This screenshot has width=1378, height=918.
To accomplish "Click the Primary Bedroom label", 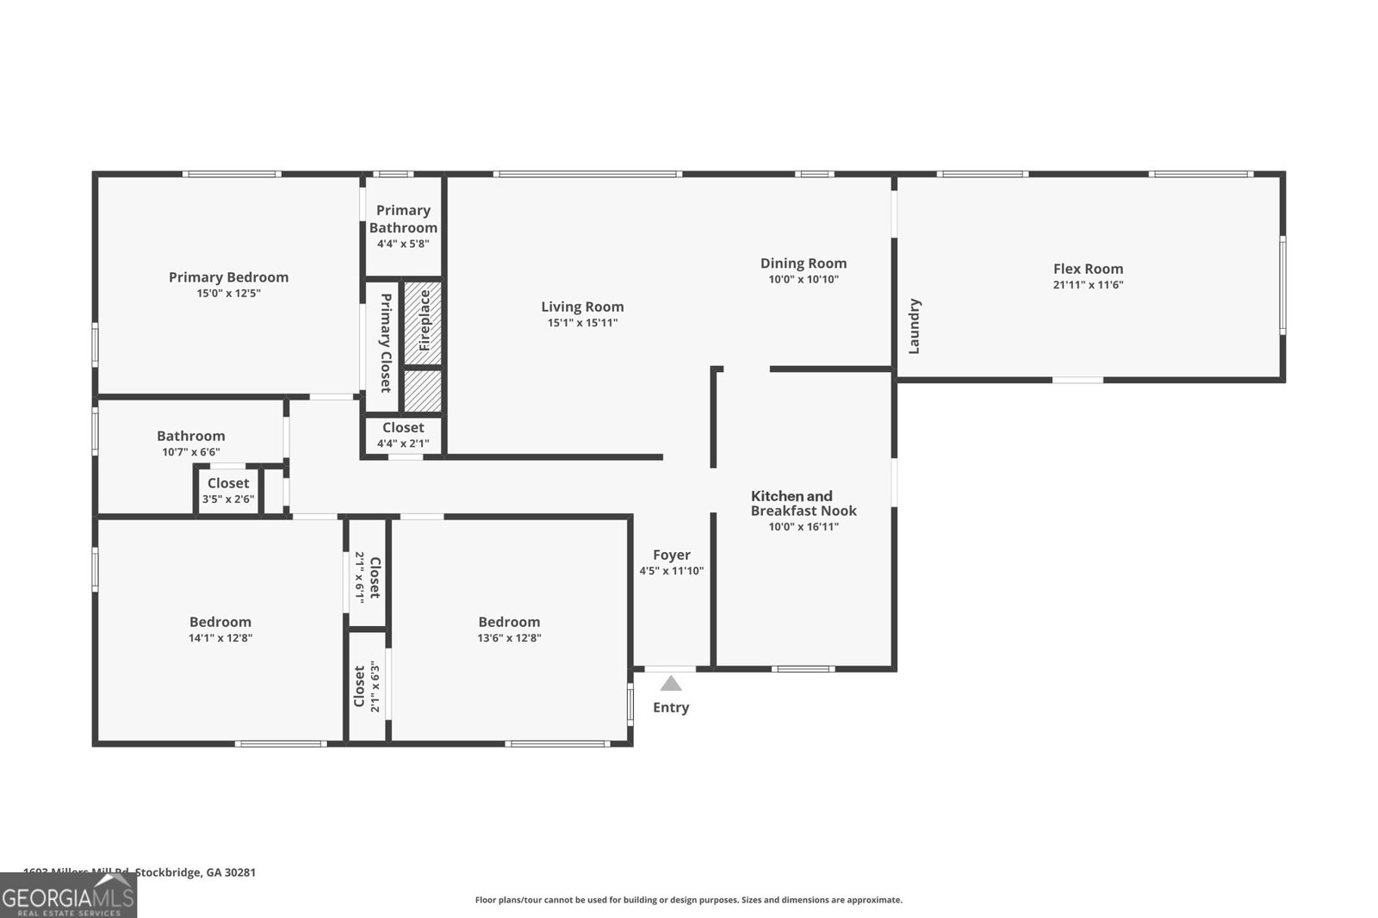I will (228, 277).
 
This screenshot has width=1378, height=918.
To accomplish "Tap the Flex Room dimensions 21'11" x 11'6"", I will (1088, 285).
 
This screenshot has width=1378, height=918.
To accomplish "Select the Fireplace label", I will (424, 320).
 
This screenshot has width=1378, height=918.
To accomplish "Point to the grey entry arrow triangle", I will (671, 684).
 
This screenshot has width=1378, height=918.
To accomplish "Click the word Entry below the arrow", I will (671, 708).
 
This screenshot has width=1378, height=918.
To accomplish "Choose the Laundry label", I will (915, 326).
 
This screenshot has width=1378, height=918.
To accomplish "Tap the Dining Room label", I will (803, 264).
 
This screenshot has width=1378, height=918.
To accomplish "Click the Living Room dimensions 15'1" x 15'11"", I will (582, 323).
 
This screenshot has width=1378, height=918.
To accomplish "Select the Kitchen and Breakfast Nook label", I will (804, 503).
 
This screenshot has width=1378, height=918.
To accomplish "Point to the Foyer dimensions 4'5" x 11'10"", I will (671, 571).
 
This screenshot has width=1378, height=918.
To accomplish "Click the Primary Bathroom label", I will (403, 219).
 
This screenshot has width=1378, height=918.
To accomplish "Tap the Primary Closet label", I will (386, 343).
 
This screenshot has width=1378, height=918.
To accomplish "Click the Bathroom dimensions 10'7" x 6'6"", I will (190, 452).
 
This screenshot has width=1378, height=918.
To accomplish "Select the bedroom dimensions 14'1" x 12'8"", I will (220, 638).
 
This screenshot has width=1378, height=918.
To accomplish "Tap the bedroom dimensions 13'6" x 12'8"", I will (509, 638).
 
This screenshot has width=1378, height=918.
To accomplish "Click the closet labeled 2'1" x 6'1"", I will (367, 577).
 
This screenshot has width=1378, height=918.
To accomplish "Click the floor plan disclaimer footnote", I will (688, 900).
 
